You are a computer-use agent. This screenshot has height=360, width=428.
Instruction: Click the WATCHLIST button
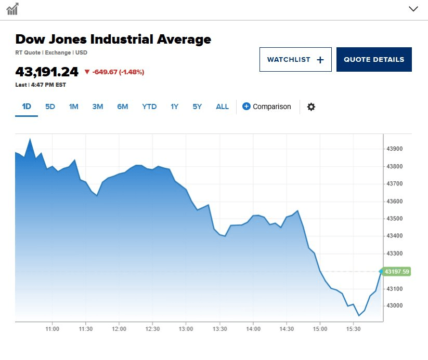[x=295, y=59]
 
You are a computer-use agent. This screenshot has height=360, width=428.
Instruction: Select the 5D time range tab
[x=50, y=106]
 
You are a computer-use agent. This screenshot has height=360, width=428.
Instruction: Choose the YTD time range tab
[x=149, y=106]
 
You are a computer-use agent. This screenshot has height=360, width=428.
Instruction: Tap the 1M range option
[x=74, y=106]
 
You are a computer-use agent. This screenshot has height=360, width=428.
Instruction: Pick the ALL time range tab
[x=222, y=106]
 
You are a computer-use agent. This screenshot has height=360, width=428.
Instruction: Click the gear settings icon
[x=311, y=106]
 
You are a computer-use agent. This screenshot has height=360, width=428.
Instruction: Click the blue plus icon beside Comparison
[x=246, y=106]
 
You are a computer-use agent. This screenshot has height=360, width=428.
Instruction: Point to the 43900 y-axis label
[x=395, y=149]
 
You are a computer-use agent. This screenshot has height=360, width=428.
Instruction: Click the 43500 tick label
[x=395, y=219]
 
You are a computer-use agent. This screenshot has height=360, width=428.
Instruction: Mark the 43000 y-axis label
[x=395, y=306]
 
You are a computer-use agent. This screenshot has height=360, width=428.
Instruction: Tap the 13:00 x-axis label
[x=186, y=329]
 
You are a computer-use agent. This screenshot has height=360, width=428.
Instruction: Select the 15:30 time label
[x=354, y=329]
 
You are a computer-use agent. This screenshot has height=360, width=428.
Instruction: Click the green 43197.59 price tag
[x=396, y=272]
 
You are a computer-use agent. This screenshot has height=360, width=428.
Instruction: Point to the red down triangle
[x=87, y=72]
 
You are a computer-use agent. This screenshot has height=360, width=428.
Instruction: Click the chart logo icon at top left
[x=12, y=9]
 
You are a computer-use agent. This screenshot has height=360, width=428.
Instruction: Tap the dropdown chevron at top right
[x=413, y=9]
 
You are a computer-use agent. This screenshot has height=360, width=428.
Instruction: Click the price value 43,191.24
[x=47, y=72]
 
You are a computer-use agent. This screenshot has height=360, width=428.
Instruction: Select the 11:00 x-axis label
[x=52, y=329]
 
